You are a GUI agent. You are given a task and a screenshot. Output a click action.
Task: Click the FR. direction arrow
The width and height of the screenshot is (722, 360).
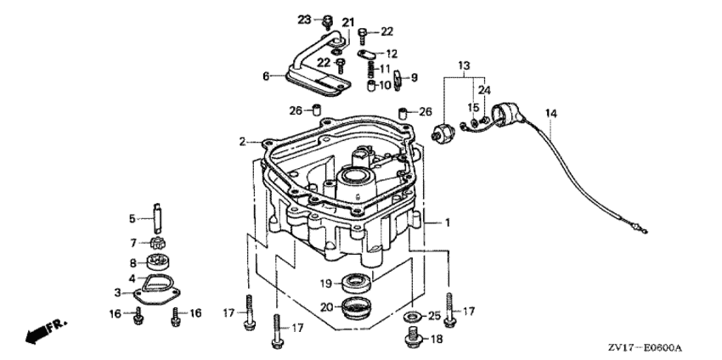pos(46,330)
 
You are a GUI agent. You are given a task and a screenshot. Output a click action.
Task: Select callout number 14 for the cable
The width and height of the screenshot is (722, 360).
pos(551,113)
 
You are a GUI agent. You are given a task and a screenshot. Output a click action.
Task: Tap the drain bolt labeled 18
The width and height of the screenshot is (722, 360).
pos(413,339)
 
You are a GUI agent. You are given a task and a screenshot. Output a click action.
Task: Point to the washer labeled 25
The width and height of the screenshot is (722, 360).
pos(412,316)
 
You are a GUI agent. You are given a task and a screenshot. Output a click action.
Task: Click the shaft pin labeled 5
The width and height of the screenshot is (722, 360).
pos(157,218)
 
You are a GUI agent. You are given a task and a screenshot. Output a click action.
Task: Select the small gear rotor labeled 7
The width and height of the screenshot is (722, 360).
pos(157,242)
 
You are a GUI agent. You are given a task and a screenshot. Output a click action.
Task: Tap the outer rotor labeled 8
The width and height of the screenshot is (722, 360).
pos(158,263)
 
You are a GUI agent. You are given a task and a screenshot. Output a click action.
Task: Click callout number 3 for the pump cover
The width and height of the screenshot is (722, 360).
pos(118,292)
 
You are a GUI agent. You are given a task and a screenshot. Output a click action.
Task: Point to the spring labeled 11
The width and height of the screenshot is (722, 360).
pos(373,70)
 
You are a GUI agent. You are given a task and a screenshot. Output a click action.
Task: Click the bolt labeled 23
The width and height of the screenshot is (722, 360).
pos(327,20)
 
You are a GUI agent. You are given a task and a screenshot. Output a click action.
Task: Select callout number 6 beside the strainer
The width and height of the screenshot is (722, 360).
pos(266,76)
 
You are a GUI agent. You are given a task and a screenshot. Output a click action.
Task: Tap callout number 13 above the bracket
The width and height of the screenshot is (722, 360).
pos(464,65)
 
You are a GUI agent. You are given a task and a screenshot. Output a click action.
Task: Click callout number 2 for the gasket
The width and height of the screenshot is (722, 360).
pos(243,141)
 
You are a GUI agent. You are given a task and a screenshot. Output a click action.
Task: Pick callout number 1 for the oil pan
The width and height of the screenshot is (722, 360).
pos(447,222)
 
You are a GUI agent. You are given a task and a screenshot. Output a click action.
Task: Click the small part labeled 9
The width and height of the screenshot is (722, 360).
pos(398,79)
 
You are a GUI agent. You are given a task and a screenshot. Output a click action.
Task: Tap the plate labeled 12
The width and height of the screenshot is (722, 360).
pos(368,53)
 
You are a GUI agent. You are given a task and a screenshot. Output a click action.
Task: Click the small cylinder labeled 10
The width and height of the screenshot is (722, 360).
pos(371,86)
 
